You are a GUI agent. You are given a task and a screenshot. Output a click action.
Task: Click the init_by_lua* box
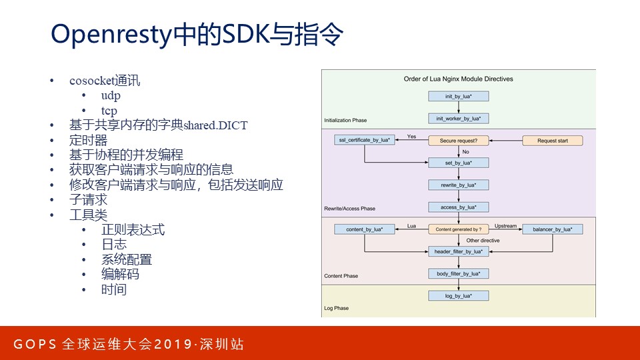458,96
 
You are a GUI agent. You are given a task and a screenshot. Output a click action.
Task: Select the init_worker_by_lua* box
458,119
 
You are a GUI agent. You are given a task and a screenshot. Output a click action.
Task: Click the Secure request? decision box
458,141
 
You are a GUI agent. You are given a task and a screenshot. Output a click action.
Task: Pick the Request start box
552,141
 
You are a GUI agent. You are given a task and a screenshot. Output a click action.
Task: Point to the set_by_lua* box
458,163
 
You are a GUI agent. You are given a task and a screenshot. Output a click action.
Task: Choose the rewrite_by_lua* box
458,185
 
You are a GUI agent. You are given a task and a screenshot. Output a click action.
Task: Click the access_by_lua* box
458,207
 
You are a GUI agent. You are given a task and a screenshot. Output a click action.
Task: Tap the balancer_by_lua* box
553,229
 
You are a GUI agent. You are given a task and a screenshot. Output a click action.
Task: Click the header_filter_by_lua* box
458,251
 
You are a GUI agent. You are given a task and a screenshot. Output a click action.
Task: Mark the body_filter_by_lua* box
458,273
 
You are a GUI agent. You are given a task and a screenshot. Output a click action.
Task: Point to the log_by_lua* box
458,295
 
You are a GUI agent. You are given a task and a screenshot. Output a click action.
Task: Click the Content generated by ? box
458,229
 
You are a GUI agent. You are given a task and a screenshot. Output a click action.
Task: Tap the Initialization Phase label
345,121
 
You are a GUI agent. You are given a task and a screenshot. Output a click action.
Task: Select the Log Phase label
336,309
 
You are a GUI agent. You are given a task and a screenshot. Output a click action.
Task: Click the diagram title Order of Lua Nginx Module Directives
458,79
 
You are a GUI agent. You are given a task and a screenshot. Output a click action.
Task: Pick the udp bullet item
111,95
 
